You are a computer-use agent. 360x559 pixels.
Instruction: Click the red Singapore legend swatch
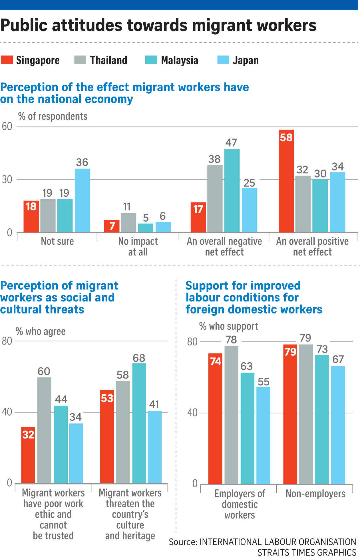(x=7, y=60)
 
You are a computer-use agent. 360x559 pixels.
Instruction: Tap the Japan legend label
(x=246, y=60)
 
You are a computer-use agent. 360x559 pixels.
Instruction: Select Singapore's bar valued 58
(x=286, y=181)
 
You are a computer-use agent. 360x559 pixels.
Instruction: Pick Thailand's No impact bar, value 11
(x=128, y=222)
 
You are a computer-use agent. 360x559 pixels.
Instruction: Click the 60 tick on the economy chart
(x=7, y=126)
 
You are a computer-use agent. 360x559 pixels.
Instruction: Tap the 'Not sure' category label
(x=57, y=241)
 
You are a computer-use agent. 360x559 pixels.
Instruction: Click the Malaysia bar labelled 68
(x=139, y=423)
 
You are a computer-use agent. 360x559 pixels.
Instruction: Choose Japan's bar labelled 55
(x=263, y=435)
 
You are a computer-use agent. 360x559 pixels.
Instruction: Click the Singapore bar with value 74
(x=215, y=419)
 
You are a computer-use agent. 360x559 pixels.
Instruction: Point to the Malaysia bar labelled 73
(x=322, y=419)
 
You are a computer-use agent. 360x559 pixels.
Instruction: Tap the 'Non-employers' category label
(x=315, y=494)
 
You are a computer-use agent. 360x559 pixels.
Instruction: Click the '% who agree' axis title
(x=41, y=331)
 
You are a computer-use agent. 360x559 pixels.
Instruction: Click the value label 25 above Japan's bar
(x=249, y=183)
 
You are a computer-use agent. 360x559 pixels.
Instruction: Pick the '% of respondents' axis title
(x=53, y=116)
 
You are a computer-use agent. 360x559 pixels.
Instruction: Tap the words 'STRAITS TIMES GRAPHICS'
(x=307, y=552)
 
